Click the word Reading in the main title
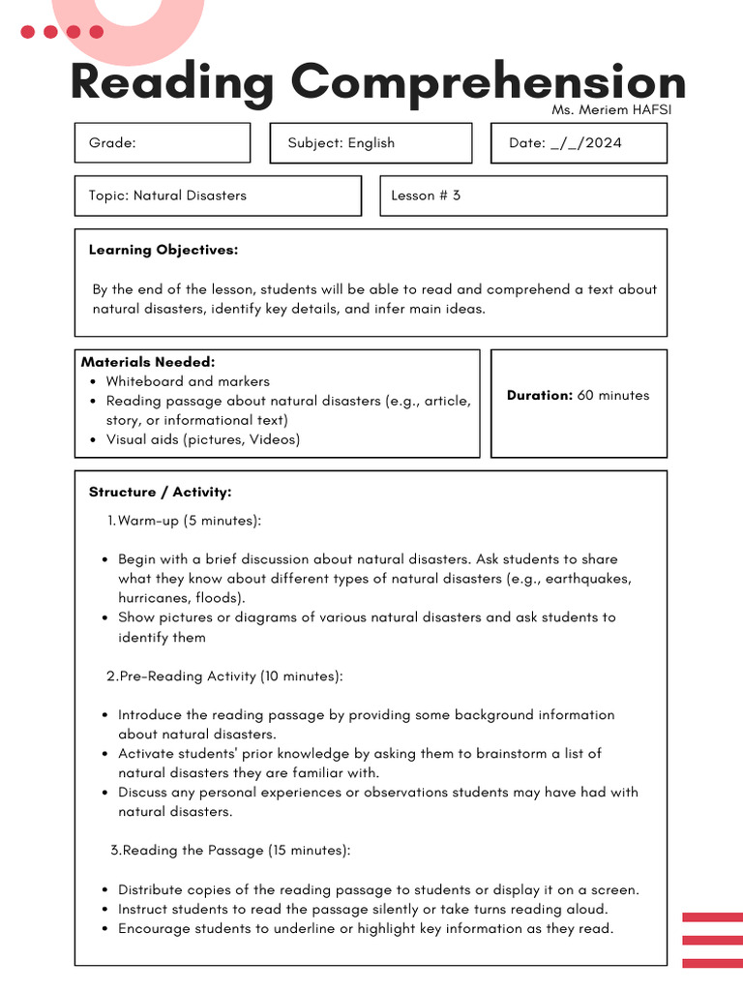click(x=172, y=83)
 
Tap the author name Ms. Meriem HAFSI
click(x=610, y=109)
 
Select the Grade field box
click(x=162, y=143)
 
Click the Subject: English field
click(x=371, y=143)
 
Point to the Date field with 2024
click(x=579, y=143)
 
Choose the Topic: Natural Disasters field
click(x=218, y=195)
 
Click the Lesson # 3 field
click(x=522, y=195)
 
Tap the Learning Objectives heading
click(x=163, y=250)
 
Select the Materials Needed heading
click(x=148, y=362)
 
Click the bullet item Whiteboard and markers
click(x=188, y=381)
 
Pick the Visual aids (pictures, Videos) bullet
click(x=203, y=439)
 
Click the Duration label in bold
click(x=540, y=395)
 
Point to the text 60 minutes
click(x=613, y=395)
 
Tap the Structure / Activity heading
click(x=161, y=492)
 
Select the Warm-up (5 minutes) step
click(x=189, y=521)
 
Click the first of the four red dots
click(x=28, y=32)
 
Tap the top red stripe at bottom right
click(x=712, y=916)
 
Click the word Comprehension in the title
click(x=488, y=83)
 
